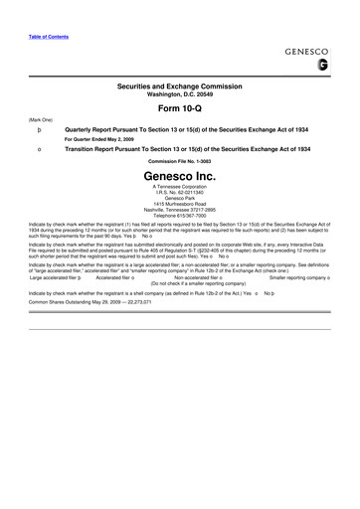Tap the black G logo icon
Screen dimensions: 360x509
tap(322, 67)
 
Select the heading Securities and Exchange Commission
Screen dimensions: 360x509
tap(180, 87)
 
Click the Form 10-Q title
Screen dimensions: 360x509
tap(180, 107)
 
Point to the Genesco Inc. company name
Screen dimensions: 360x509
tap(180, 173)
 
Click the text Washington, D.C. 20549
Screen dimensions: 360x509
tap(180, 95)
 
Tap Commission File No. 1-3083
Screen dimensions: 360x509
tap(180, 161)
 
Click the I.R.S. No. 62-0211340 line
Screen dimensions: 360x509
tap(180, 192)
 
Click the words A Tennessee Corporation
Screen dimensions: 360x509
tap(180, 186)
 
